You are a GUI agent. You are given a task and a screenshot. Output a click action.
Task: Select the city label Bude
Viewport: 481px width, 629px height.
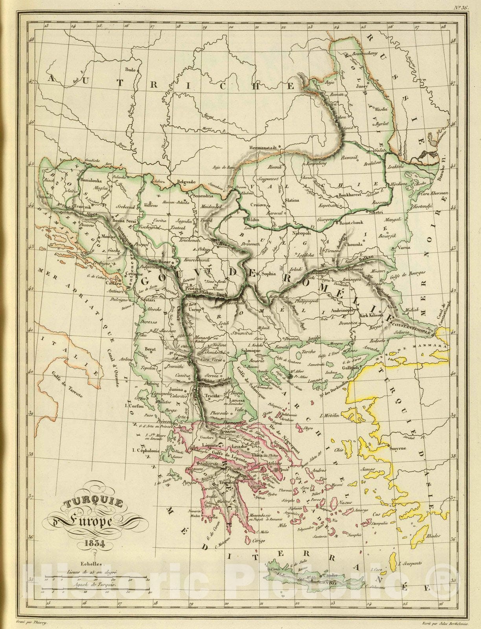(x=130, y=70)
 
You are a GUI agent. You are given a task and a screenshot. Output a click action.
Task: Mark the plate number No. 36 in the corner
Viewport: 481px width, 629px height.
(x=459, y=7)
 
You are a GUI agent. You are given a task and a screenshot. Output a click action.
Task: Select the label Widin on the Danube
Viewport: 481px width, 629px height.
(x=254, y=220)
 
